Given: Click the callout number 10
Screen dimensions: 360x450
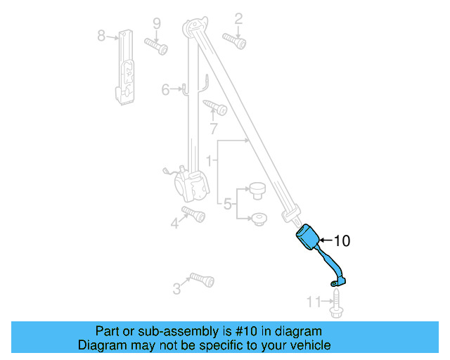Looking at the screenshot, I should pos(341,241).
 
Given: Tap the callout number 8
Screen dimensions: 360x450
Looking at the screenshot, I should pos(101,34).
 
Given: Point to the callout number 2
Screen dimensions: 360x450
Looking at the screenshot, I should pos(238,18).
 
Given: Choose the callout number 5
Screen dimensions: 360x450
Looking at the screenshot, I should pos(228,205).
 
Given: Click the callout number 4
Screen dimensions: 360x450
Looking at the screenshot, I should pos(174,224).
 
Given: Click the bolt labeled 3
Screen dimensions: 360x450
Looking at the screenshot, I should pos(202,279).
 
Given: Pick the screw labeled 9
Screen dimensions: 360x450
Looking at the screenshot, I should pos(156,46).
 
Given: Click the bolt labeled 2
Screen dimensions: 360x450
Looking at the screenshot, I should pos(234,40).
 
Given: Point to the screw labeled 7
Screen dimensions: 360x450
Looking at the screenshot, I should pos(215,108).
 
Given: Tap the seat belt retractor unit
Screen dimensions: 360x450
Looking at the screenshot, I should pos(192,184).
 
